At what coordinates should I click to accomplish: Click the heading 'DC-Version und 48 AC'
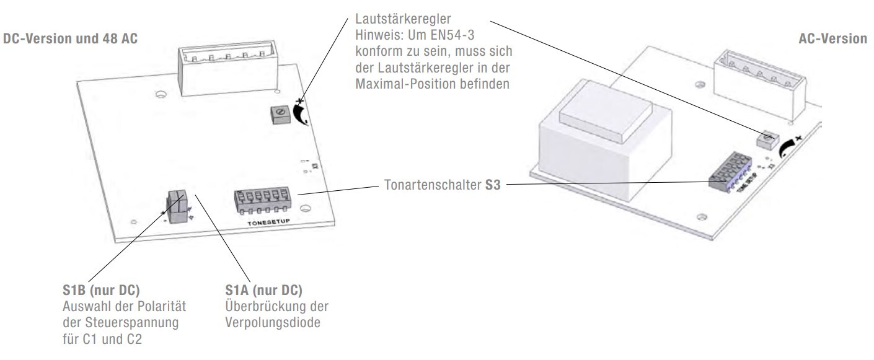pyautogui.click(x=70, y=38)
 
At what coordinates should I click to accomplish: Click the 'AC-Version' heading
pyautogui.click(x=832, y=38)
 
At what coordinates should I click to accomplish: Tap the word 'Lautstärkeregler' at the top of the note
pyautogui.click(x=403, y=19)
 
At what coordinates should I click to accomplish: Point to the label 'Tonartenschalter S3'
pyautogui.click(x=442, y=185)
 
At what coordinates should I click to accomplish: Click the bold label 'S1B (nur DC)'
pyautogui.click(x=101, y=290)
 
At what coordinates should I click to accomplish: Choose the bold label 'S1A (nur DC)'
pyautogui.click(x=264, y=290)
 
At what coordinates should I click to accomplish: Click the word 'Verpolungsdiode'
pyautogui.click(x=273, y=323)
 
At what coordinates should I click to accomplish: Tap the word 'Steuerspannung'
pyautogui.click(x=132, y=323)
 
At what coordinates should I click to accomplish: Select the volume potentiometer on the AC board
pyautogui.click(x=767, y=140)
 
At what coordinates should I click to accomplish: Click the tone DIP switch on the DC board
pyautogui.click(x=263, y=201)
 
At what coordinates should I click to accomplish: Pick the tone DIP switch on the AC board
pyautogui.click(x=730, y=172)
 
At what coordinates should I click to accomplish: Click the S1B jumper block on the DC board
pyautogui.click(x=177, y=206)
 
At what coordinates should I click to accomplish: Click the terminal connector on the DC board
pyautogui.click(x=228, y=68)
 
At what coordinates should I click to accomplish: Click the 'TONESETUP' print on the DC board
pyautogui.click(x=269, y=222)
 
